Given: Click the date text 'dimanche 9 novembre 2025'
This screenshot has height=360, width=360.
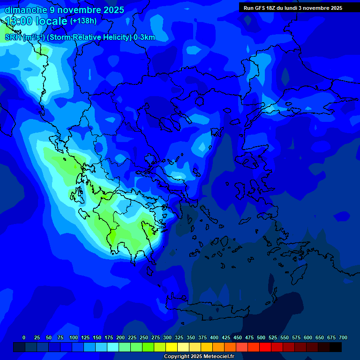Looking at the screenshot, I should (64, 10).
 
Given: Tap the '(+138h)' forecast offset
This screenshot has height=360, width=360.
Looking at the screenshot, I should (83, 21).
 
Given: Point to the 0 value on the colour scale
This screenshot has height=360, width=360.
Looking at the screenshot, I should (24, 337).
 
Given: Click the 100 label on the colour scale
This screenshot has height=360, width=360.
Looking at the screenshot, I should (74, 337).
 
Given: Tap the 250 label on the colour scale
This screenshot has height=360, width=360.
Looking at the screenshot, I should (144, 337).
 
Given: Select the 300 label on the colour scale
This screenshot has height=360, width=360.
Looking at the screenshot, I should (167, 337).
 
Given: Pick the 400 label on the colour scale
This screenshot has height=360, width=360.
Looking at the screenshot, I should (214, 337).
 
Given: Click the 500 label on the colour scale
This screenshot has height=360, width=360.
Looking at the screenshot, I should (261, 337).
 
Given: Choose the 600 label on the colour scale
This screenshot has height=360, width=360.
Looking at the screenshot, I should (308, 337).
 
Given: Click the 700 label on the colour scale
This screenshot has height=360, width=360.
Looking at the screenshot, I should (343, 337).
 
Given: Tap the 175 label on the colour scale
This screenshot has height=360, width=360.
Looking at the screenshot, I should (109, 337).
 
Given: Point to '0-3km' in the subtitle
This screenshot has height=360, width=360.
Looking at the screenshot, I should (144, 37).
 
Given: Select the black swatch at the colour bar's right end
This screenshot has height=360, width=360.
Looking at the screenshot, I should (336, 347).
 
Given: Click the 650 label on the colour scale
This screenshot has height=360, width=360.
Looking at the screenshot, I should (320, 337).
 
